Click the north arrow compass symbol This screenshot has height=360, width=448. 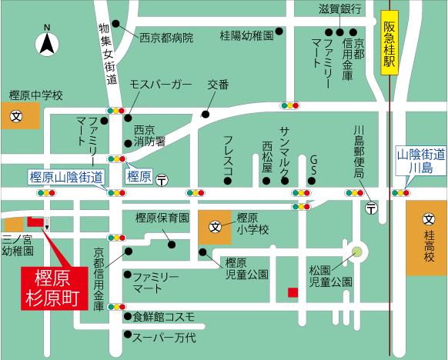coord(46,40)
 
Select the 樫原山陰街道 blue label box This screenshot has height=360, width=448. coord(66,176)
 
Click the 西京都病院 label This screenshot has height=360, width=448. coord(165,37)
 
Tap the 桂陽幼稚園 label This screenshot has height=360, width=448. coord(246,35)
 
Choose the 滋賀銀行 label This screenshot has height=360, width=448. coord(340,9)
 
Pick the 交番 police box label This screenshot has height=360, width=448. coord(218,85)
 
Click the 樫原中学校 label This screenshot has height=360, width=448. coord(35,95)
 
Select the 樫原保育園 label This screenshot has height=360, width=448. coord(162,217)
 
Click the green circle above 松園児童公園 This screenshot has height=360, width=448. coord(356,251)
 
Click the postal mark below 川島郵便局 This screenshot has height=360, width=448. coord(371,208)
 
